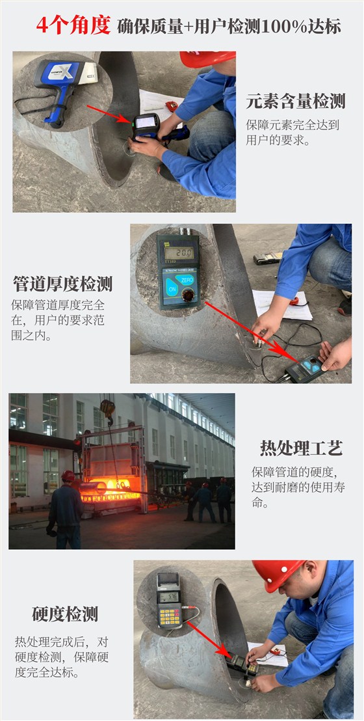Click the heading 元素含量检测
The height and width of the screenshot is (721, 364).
point(295,102)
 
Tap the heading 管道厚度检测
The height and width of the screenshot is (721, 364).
point(62,284)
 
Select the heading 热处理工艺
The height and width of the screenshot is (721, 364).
point(301,448)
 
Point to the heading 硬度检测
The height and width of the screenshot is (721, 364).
point(65,614)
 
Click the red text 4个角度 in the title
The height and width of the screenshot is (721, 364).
point(73,26)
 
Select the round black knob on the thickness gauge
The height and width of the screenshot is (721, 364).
point(188,296)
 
